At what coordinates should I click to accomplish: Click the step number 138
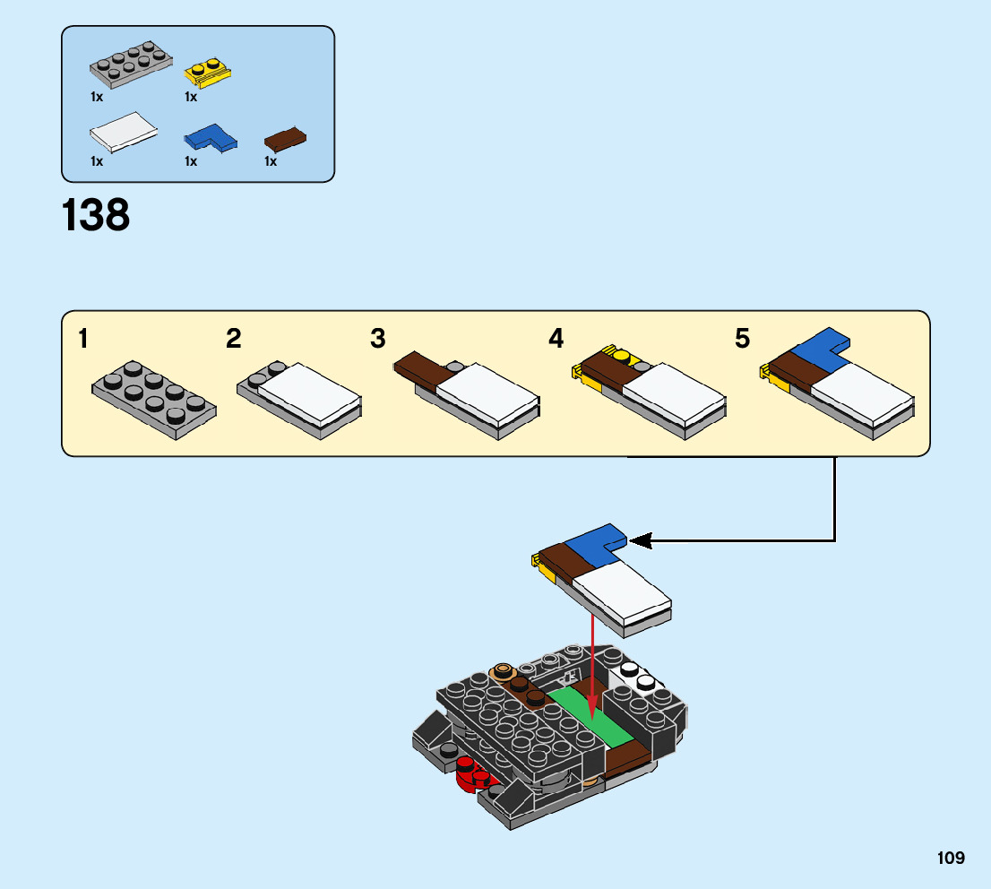pos(96,217)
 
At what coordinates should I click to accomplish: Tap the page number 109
pos(951,859)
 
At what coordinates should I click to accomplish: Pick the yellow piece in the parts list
pos(205,73)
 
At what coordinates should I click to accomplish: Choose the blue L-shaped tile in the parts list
pos(209,137)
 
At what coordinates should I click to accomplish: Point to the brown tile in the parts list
pos(286,138)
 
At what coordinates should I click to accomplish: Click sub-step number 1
pos(82,340)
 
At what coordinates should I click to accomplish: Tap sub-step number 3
pos(378,340)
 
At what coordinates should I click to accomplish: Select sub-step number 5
pos(742,340)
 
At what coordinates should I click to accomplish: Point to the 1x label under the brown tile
pos(271,161)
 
